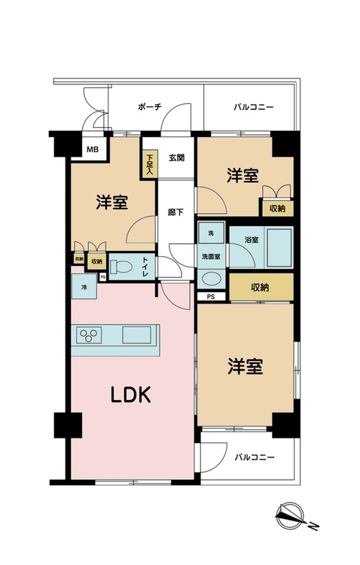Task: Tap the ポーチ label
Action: pyautogui.click(x=150, y=108)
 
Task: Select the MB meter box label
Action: pyautogui.click(x=91, y=149)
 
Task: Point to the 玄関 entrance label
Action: pyautogui.click(x=177, y=157)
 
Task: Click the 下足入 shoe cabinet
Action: pyautogui.click(x=150, y=165)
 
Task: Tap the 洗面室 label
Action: pyautogui.click(x=211, y=256)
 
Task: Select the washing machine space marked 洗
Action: pyautogui.click(x=211, y=234)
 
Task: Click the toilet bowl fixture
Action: pyautogui.click(x=121, y=266)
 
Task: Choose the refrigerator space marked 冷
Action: pyautogui.click(x=82, y=286)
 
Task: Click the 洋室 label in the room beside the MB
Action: pyautogui.click(x=111, y=202)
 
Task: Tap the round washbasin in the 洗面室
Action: pyautogui.click(x=212, y=278)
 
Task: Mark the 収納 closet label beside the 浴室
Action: pyautogui.click(x=261, y=286)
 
